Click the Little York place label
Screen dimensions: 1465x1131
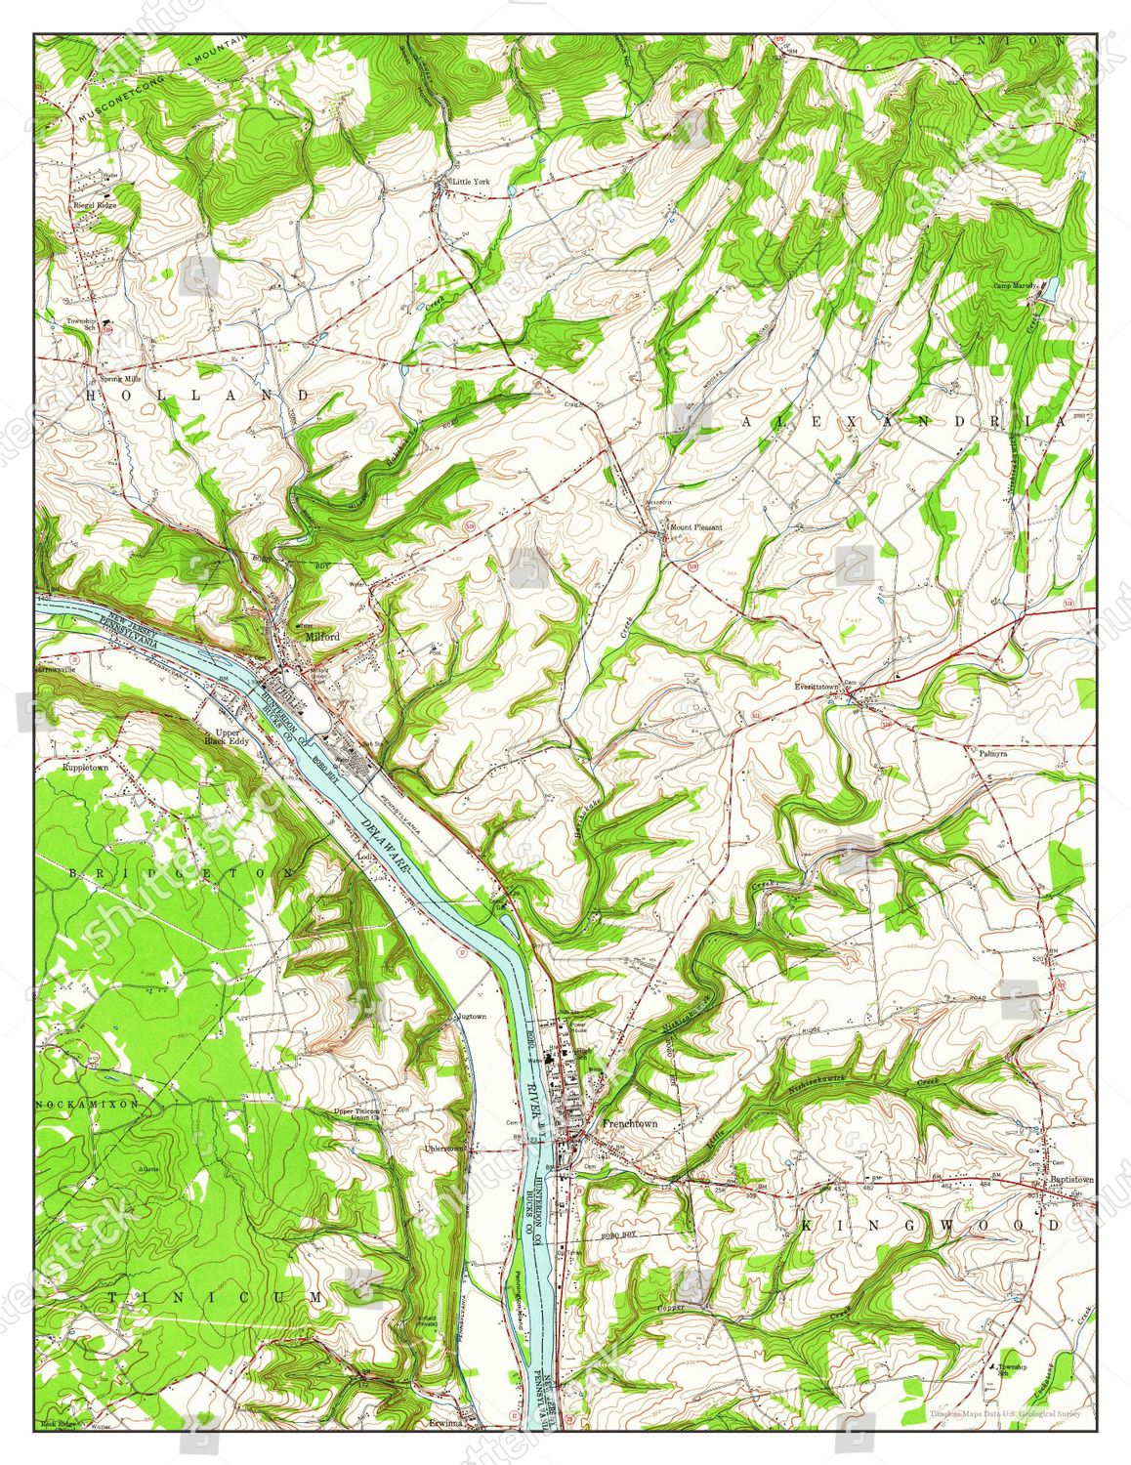pos(471,182)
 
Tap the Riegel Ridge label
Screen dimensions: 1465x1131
pos(88,206)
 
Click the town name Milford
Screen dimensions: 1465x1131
pos(322,636)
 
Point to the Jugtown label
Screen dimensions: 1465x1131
pos(471,1017)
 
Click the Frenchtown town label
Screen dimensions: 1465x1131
pos(630,1123)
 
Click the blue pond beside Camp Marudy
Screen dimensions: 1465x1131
pos(1051,289)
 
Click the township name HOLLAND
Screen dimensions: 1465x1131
pos(199,395)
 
